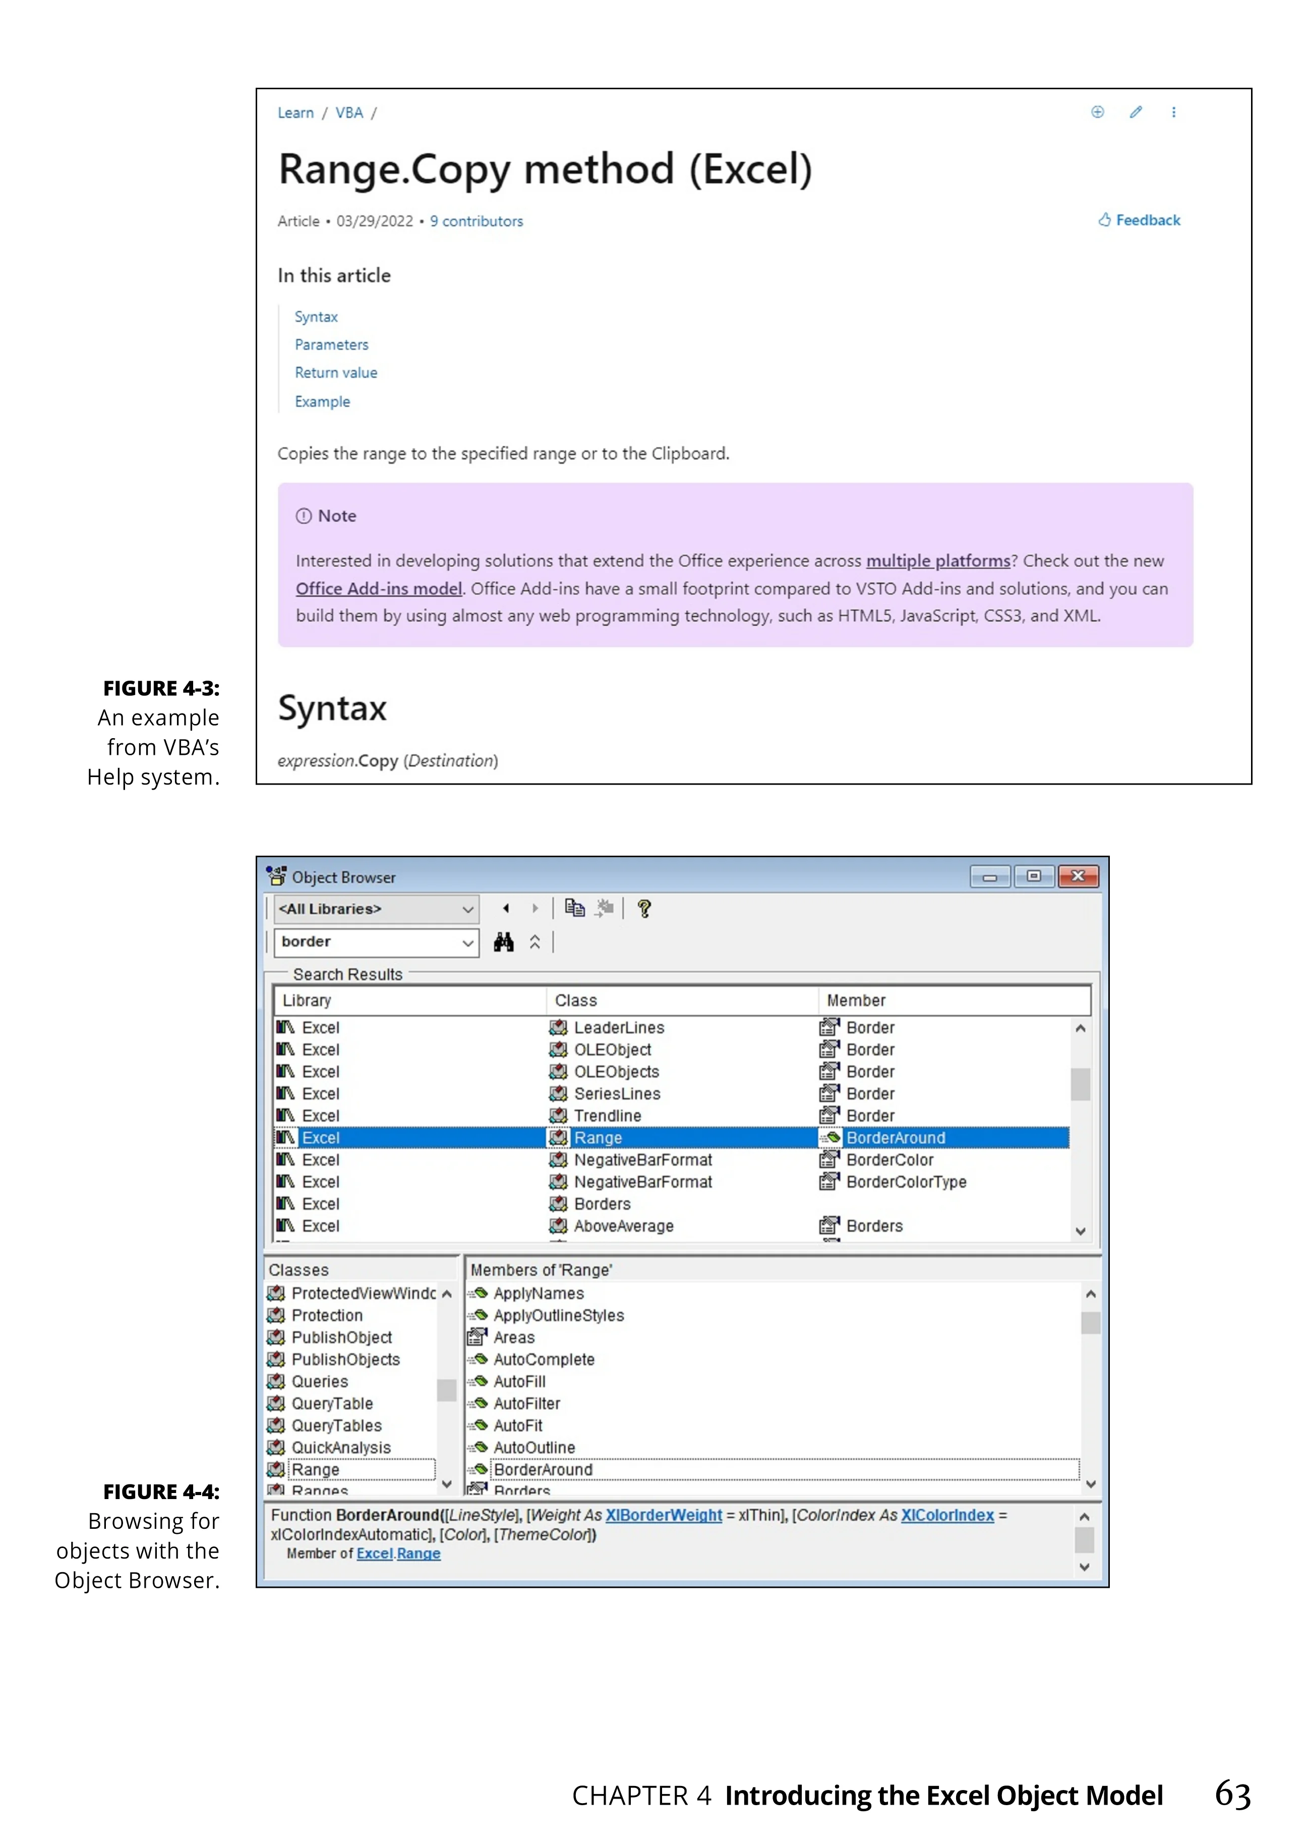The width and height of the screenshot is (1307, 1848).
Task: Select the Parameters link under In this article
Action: coord(331,344)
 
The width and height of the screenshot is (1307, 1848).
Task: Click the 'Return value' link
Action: coord(336,373)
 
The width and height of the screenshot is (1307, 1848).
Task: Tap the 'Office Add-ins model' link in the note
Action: coord(378,588)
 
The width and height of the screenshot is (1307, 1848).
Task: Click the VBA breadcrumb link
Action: coord(348,112)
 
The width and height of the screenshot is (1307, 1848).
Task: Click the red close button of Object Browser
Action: coord(1078,876)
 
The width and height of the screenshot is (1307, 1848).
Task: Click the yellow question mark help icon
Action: coord(644,909)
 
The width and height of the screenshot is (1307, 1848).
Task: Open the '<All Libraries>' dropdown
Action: coord(376,909)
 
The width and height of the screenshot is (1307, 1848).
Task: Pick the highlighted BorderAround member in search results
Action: coord(895,1138)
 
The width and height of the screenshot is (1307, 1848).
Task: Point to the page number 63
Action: coord(1232,1794)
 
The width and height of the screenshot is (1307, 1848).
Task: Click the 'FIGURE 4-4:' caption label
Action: coord(161,1492)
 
